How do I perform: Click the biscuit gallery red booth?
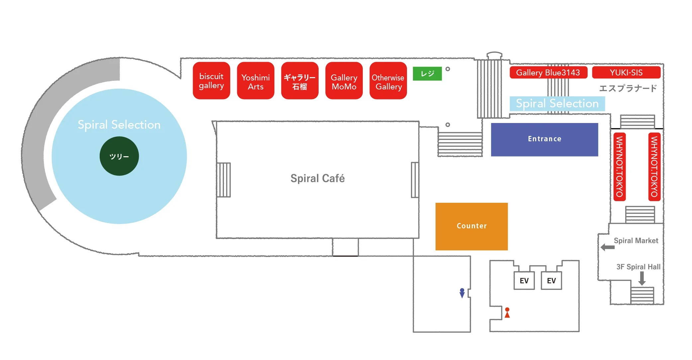(211, 80)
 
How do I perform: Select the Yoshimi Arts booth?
(255, 80)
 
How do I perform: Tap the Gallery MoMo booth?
(344, 80)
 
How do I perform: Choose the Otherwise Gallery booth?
(388, 80)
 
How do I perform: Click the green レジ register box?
(427, 73)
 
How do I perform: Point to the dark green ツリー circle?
(119, 156)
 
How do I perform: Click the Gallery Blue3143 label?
(548, 72)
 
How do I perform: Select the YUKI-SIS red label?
(626, 72)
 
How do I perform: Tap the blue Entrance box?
(544, 140)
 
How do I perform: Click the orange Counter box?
(471, 226)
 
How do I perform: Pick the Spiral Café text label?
(318, 179)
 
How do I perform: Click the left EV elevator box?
(524, 281)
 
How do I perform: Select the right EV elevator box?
(551, 281)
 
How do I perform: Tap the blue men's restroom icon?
(462, 293)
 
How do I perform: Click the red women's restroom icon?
(507, 312)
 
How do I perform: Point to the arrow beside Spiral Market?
(608, 247)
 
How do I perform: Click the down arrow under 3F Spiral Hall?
(642, 279)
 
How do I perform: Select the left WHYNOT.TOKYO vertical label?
(620, 167)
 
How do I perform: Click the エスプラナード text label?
(628, 88)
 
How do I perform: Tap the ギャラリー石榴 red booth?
(300, 80)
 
